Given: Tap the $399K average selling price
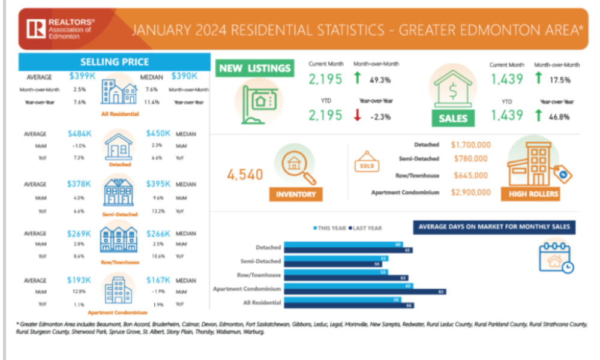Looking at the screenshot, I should coord(79,77).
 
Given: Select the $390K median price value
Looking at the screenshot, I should coord(183,77).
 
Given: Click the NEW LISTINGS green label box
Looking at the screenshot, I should coord(255,68).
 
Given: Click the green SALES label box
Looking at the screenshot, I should coord(453,118).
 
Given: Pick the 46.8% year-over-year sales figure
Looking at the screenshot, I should coord(560,115).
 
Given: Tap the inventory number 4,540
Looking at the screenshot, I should coord(245,175).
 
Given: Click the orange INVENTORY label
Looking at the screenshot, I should coord(296,194).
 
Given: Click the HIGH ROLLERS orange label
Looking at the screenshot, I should coord(533,194).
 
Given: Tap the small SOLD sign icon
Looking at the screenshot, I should coord(365,166).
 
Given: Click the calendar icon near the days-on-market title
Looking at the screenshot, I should coord(555,257).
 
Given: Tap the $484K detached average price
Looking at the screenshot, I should coord(79,133).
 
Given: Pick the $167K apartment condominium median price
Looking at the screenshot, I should coord(158,280).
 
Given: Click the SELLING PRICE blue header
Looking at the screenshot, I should coord(114,62).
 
